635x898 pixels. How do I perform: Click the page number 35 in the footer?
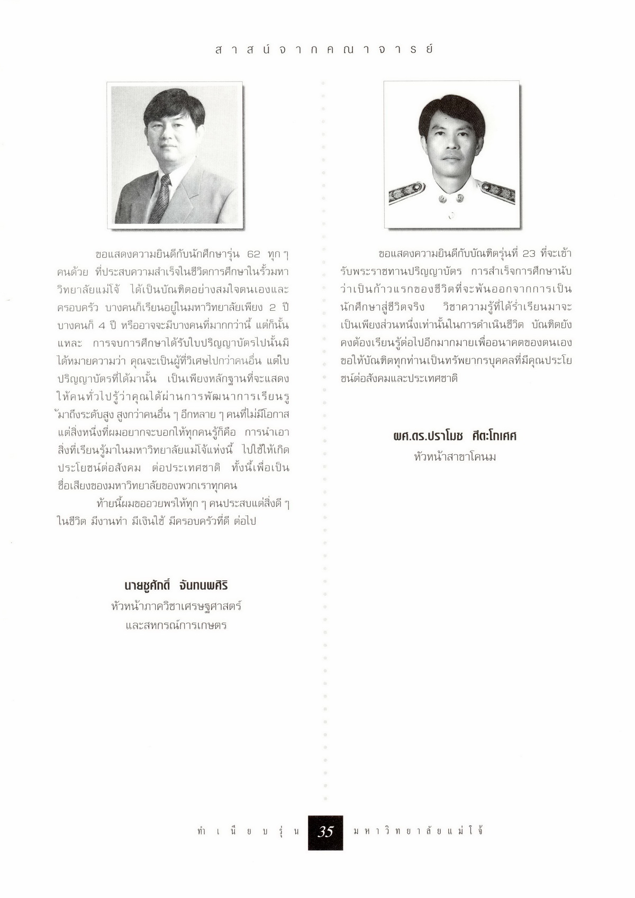(x=325, y=832)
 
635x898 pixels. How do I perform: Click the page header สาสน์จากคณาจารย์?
(x=324, y=49)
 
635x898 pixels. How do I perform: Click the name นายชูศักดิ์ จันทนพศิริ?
(x=176, y=586)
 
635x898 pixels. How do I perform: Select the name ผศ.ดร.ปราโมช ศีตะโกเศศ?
(x=455, y=436)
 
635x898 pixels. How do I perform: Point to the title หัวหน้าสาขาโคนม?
(x=455, y=456)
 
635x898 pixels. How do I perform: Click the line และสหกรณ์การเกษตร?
(x=176, y=625)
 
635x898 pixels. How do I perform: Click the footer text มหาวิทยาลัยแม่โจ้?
(x=418, y=831)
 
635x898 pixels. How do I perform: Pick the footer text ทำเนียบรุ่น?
(x=247, y=831)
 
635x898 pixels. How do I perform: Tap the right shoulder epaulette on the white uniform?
(x=498, y=191)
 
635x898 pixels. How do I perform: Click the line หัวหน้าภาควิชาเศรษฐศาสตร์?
(x=176, y=606)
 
